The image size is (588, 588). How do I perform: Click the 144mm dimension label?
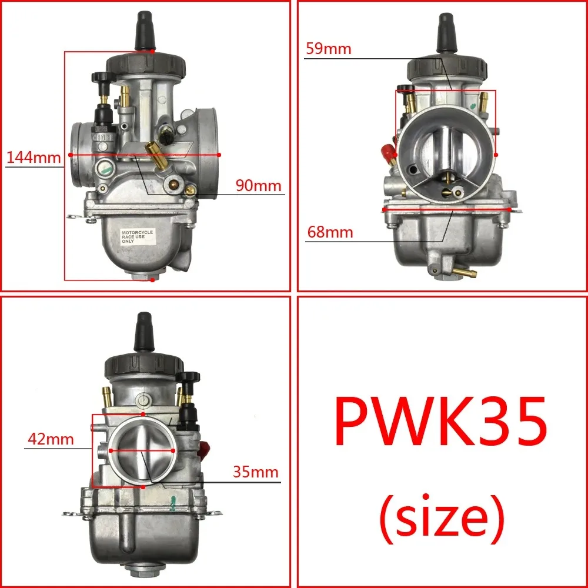point(34,157)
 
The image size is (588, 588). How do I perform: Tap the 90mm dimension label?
point(259,186)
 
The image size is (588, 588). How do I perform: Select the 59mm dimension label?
point(328,49)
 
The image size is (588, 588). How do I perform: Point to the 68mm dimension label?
point(330,232)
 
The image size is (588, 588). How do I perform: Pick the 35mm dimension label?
point(255,472)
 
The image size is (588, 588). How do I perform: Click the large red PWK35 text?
point(440,422)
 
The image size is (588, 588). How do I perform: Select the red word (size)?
point(441,516)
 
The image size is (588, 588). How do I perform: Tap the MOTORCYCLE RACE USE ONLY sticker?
point(136,236)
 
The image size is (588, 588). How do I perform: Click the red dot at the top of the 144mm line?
point(152,52)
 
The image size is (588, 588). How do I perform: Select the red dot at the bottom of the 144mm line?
point(152,280)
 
